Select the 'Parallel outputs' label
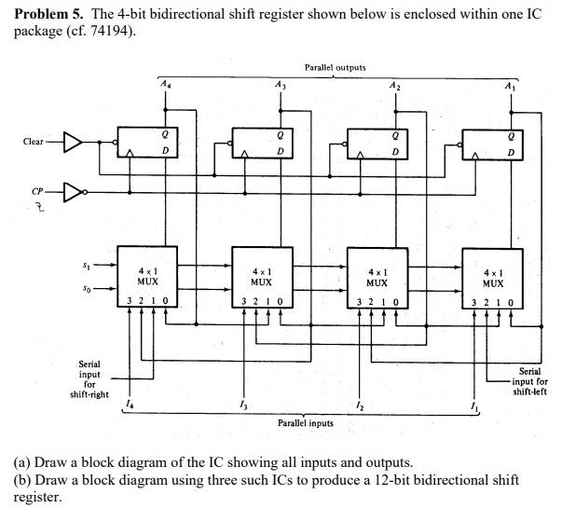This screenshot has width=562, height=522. (335, 67)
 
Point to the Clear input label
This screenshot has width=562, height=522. (34, 142)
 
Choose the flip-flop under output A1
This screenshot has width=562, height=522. (494, 142)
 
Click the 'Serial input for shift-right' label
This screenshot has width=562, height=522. (89, 378)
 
